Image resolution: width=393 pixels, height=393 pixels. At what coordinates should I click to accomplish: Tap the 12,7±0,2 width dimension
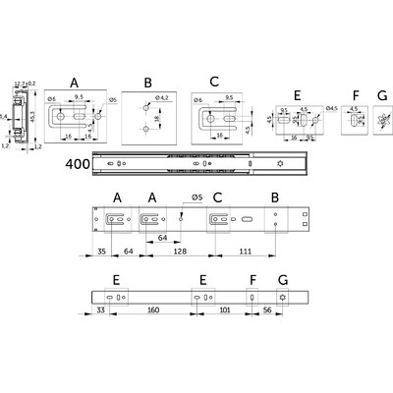click(x=26, y=84)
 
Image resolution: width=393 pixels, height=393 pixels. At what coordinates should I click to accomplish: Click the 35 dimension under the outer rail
click(x=77, y=253)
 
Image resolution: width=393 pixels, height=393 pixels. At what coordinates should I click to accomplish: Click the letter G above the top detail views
click(x=382, y=96)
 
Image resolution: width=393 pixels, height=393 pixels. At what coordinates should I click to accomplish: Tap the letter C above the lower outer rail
click(x=217, y=196)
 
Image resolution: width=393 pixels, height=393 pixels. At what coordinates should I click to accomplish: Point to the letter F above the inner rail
click(x=253, y=279)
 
